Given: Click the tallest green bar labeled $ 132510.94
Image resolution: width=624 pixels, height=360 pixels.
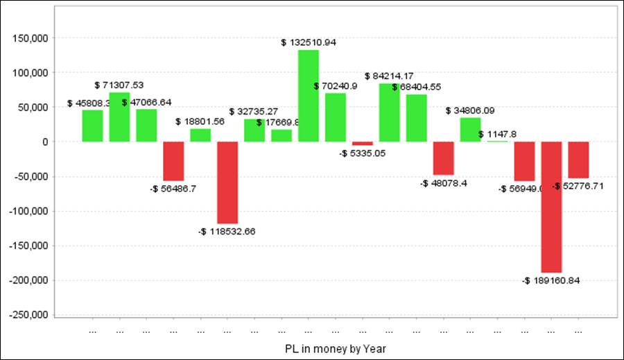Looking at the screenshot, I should [309, 96].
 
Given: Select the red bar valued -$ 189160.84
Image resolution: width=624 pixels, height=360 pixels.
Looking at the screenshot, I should [551, 207].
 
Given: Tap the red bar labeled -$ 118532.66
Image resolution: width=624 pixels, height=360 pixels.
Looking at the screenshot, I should [227, 182].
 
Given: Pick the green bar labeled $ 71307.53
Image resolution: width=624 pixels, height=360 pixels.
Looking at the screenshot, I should [119, 117].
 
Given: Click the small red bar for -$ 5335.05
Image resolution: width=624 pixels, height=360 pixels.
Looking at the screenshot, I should [363, 144].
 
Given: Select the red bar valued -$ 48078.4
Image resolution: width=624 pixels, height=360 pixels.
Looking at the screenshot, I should [444, 158].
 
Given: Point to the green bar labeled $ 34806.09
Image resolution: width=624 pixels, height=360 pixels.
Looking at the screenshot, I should [470, 130].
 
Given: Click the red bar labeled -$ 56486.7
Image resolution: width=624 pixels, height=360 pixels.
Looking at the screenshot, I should [173, 161].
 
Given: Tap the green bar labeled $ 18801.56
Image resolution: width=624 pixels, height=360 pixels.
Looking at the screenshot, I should [200, 135].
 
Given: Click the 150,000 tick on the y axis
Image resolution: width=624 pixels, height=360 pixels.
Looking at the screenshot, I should [30, 38].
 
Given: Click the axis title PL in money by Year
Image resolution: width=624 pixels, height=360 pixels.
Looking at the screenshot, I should [334, 347].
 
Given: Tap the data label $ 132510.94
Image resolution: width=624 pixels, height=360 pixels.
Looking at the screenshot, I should [309, 42].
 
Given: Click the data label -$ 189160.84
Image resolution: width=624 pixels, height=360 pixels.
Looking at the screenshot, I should [551, 281].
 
